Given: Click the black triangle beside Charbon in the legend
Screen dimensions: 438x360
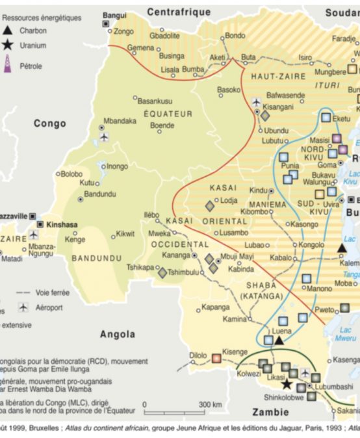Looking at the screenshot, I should pos(7,30).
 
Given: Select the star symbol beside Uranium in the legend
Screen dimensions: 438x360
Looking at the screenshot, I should pos(7,45).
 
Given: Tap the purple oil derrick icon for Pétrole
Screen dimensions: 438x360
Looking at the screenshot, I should pos(8,64).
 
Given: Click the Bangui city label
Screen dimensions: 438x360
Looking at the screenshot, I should pos(115,14).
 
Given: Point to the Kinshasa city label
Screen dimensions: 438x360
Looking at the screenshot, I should pos(62,225).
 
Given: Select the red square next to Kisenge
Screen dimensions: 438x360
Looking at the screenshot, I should pos(216,358).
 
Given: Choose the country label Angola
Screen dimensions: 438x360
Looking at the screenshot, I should pos(117,334).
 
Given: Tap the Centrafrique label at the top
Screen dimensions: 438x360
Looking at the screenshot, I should pos(179,12).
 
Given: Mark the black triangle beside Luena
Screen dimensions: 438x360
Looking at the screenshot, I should pos(279,340).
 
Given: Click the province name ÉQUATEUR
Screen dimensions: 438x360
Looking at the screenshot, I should pos(168,114).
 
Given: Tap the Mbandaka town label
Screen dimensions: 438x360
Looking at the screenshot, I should pos(120,121).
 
